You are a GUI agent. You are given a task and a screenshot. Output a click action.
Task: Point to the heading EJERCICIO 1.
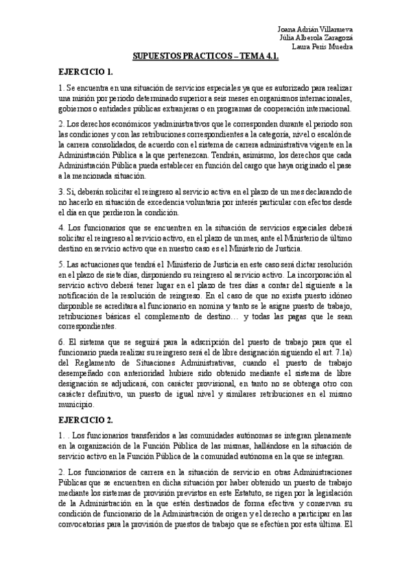pyautogui.click(x=86, y=71)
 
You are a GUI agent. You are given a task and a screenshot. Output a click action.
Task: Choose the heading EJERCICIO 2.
pyautogui.click(x=86, y=419)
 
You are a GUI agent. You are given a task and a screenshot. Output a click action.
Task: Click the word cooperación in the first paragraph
pyautogui.click(x=271, y=108)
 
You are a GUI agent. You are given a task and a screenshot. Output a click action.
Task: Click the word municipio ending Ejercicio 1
pyautogui.click(x=78, y=405)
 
